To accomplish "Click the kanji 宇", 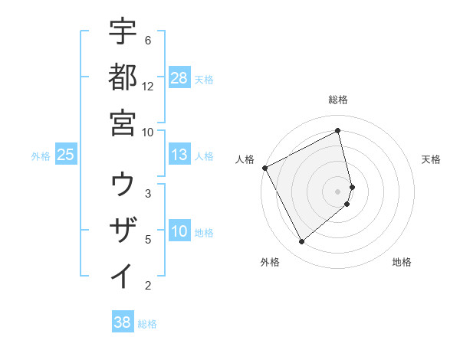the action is click(123, 32).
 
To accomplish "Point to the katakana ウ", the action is click(123, 184).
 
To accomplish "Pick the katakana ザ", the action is click(123, 230).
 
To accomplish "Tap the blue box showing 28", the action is click(179, 77).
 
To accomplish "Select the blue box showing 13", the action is click(179, 155).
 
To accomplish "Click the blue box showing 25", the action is click(66, 155).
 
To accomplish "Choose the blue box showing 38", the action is click(123, 322).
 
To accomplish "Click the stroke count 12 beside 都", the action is click(148, 86).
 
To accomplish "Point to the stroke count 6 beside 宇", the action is click(147, 40).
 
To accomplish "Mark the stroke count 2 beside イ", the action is click(147, 286).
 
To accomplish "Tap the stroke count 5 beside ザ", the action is click(147, 239).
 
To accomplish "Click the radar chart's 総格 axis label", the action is click(338, 100).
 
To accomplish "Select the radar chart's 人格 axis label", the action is click(245, 159).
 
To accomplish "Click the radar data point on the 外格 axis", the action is click(301, 242).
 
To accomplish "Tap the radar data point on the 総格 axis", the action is click(338, 131).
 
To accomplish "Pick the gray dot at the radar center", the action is click(338, 191).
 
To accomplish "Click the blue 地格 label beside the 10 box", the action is click(204, 233).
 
